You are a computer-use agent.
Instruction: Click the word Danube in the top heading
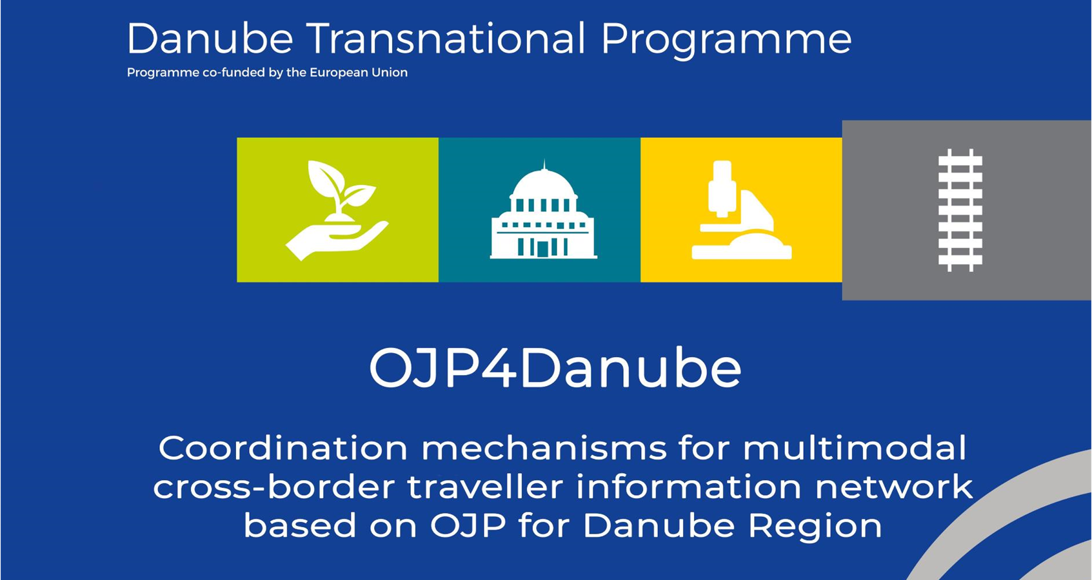[x=210, y=39]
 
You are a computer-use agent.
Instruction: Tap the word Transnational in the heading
[x=446, y=38]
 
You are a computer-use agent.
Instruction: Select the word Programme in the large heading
[x=726, y=41]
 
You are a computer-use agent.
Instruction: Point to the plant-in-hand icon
[x=337, y=210]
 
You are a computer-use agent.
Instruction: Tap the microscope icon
[x=742, y=210]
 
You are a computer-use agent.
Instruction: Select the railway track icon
[x=960, y=210]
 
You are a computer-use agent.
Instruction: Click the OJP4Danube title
[x=555, y=368]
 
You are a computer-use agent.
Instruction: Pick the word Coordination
[x=283, y=448]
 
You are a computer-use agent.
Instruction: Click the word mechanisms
[x=544, y=448]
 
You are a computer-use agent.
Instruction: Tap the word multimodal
[x=855, y=448]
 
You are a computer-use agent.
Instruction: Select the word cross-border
[x=273, y=487]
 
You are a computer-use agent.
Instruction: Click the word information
[x=689, y=487]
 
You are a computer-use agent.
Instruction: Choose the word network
[x=894, y=487]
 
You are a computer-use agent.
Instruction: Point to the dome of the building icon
[x=544, y=183]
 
